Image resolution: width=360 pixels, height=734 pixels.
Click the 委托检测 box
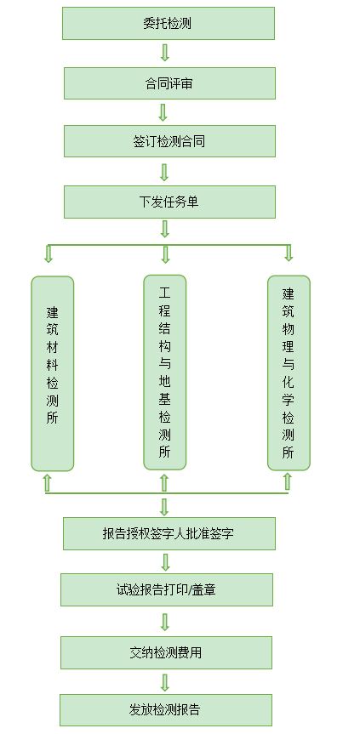click(x=169, y=24)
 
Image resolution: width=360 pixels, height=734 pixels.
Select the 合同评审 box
click(x=169, y=83)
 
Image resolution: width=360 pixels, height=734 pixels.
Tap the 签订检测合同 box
click(x=169, y=141)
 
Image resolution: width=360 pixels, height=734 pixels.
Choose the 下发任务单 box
click(x=169, y=202)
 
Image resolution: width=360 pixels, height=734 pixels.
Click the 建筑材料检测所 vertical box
click(x=53, y=373)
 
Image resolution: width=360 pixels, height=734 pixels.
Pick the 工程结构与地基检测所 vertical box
click(x=165, y=373)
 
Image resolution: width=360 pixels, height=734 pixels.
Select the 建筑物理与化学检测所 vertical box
click(x=289, y=373)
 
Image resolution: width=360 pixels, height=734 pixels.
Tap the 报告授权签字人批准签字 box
click(x=169, y=533)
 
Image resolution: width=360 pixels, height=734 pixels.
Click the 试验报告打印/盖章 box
click(x=167, y=589)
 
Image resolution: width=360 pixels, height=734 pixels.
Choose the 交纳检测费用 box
click(x=166, y=652)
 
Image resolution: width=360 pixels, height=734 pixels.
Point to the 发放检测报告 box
click(x=166, y=710)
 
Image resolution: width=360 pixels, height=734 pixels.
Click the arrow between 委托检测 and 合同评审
click(x=164, y=53)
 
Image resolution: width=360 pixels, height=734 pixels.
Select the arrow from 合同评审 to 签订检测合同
click(x=163, y=112)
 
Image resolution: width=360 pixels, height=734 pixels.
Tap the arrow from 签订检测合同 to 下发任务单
click(x=164, y=173)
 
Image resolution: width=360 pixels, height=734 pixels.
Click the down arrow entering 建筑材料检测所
click(x=49, y=253)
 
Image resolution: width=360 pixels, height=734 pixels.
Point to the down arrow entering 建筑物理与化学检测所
click(x=289, y=253)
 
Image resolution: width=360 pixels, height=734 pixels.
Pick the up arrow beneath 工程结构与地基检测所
click(x=164, y=482)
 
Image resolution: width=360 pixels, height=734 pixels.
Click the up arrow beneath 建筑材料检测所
click(x=47, y=482)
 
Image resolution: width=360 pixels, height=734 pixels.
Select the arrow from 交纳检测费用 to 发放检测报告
click(x=164, y=682)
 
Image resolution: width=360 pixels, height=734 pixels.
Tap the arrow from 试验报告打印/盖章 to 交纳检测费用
click(x=164, y=622)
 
